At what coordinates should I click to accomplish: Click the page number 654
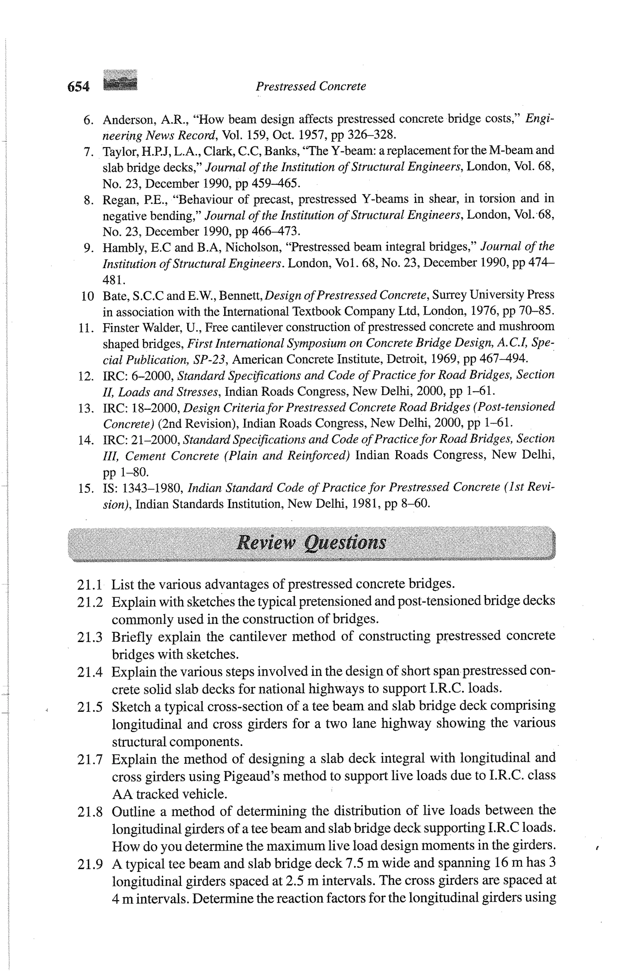(x=78, y=86)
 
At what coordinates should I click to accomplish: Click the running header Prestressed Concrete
(x=311, y=86)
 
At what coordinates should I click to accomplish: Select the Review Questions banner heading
(x=311, y=542)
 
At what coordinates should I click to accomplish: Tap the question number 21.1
(x=89, y=585)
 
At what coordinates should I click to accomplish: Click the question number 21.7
(x=89, y=759)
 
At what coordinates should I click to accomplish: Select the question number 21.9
(x=89, y=864)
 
